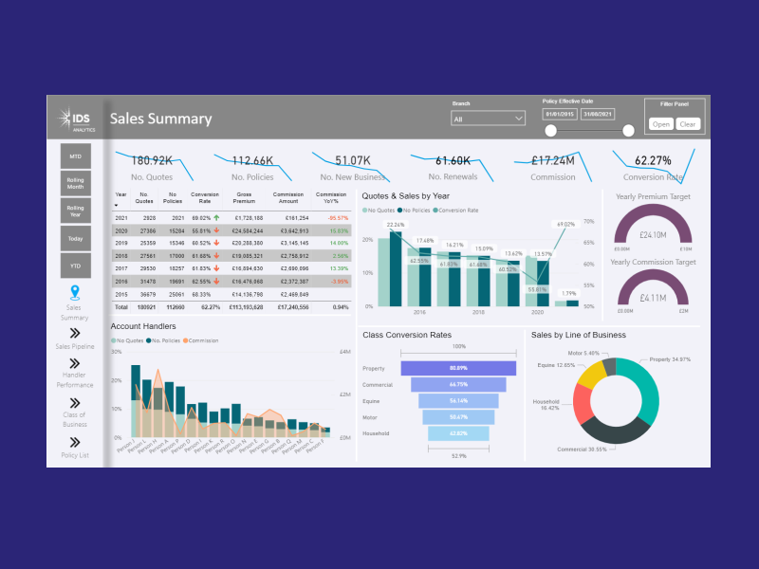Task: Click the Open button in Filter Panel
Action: [660, 124]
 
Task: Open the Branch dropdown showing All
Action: [489, 119]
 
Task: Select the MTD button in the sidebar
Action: [75, 156]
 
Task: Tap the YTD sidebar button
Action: [75, 266]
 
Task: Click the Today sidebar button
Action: [75, 239]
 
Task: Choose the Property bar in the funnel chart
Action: [457, 368]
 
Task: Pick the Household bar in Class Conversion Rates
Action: [457, 433]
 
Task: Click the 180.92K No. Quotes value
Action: [151, 161]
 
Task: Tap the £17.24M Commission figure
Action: [553, 161]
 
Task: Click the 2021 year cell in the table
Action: [121, 218]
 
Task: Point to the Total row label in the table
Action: [121, 307]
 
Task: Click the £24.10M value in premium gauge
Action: [653, 234]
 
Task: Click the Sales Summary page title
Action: [160, 119]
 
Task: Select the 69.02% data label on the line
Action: [565, 225]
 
